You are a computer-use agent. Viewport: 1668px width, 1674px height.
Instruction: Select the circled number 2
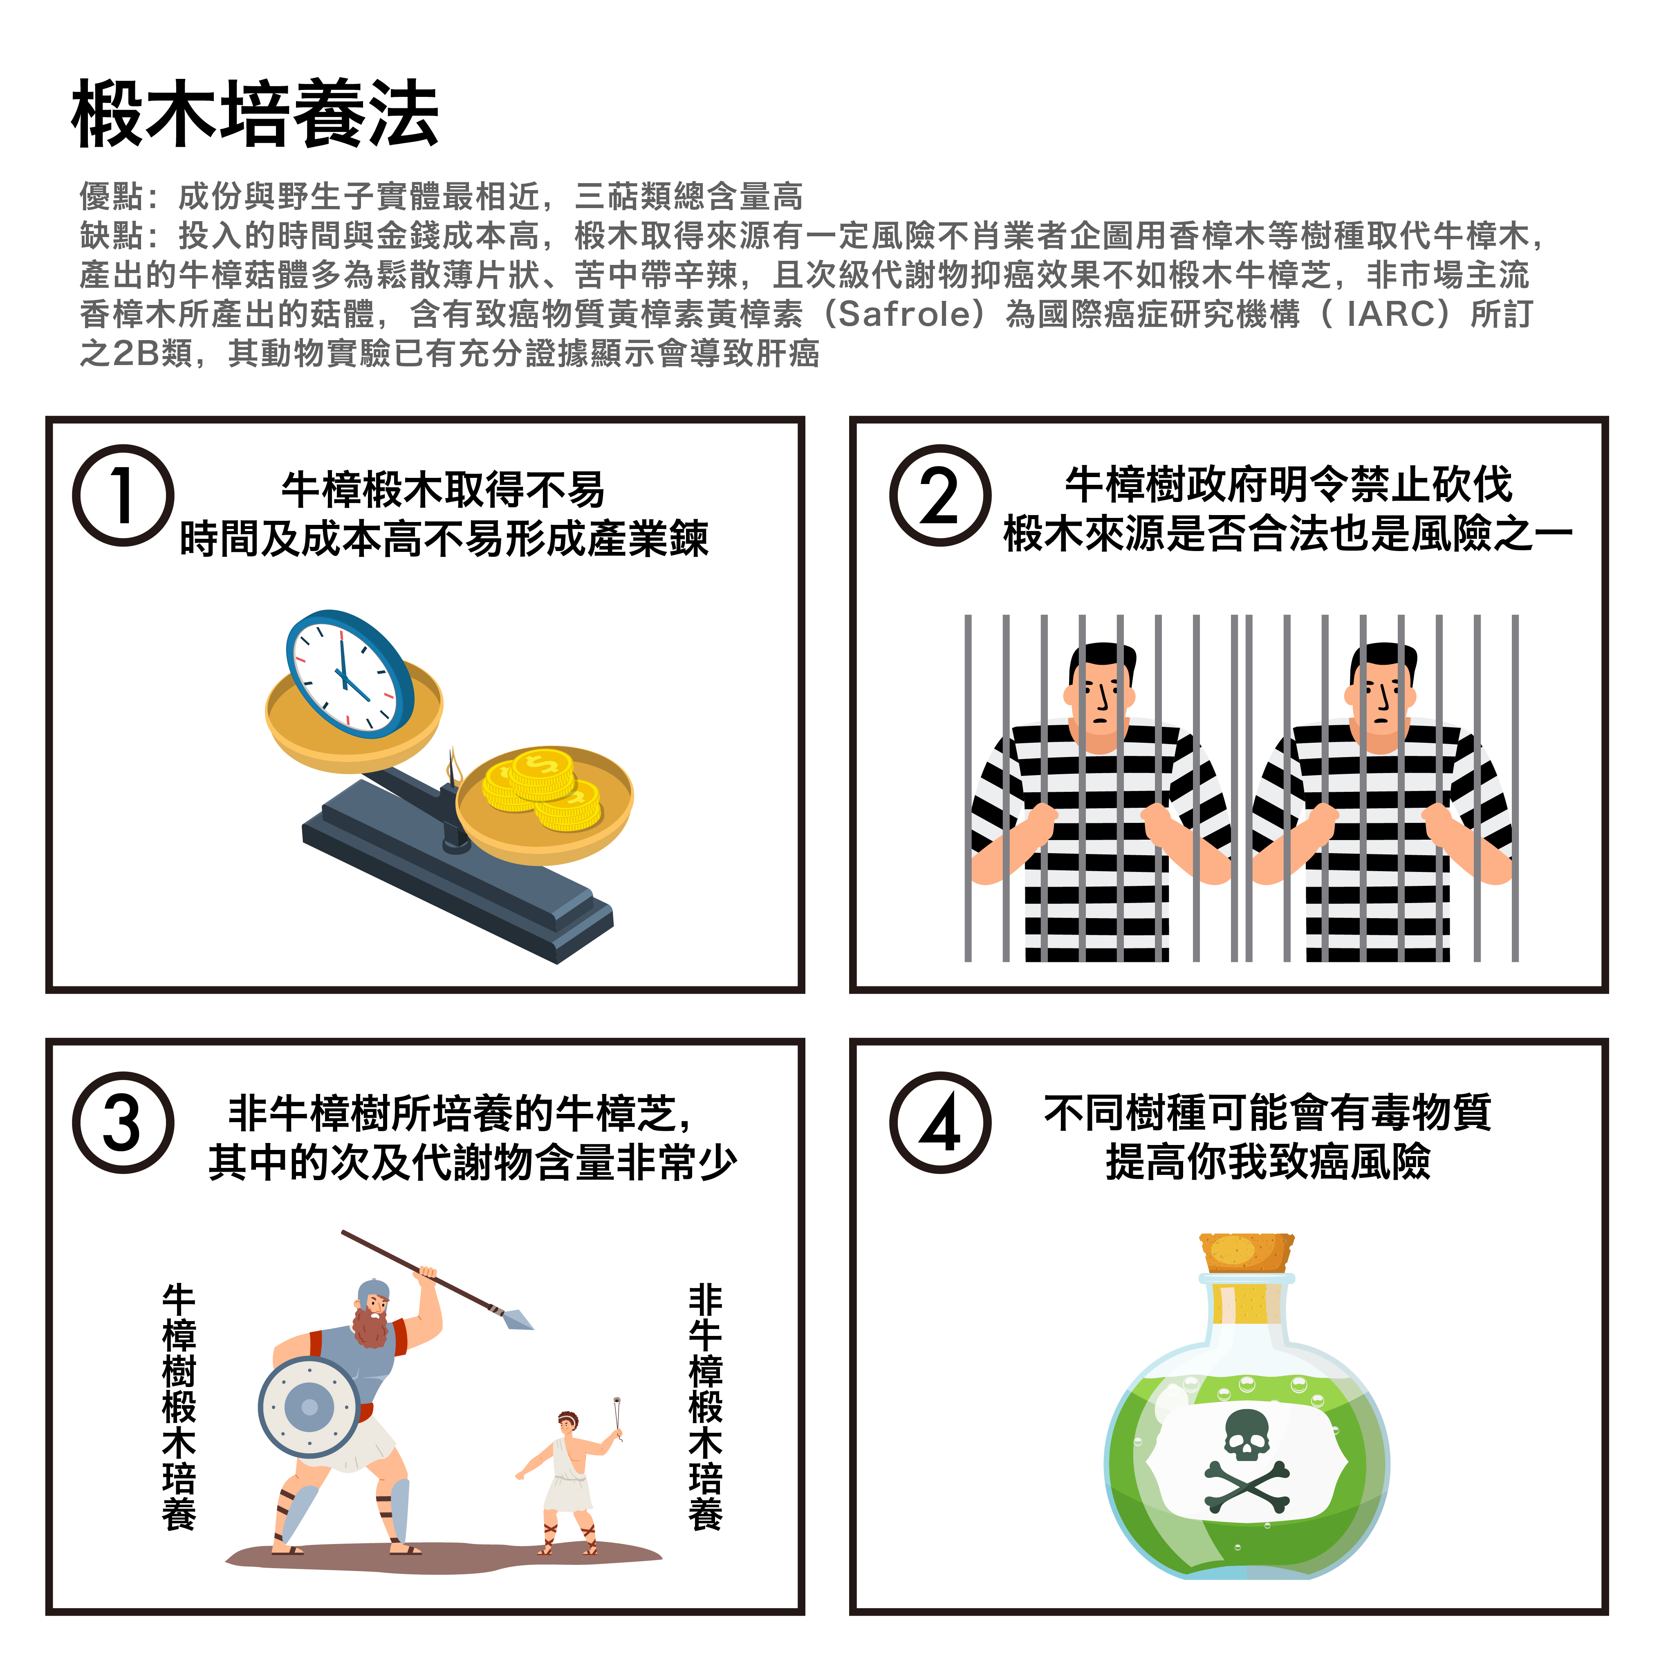coord(940,495)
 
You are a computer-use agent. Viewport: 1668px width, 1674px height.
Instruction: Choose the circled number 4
coord(940,1123)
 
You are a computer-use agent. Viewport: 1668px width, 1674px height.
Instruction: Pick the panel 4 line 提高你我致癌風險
coord(1268,1162)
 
